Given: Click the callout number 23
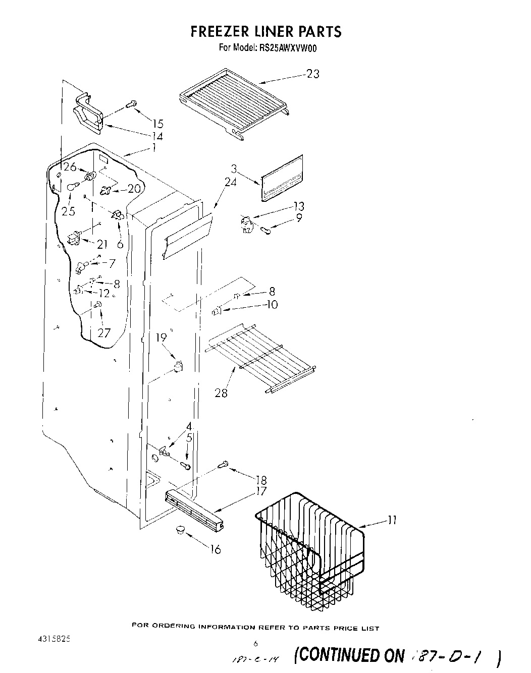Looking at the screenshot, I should coord(313,74).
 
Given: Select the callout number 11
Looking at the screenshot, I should coord(392,520).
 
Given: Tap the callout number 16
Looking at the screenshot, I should coord(216,549).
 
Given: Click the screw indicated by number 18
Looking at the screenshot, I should coord(223,464).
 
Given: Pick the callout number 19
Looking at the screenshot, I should coord(161,338).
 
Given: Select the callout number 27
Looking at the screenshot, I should coord(104,333).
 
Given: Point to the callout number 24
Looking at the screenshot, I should coord(231,183).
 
